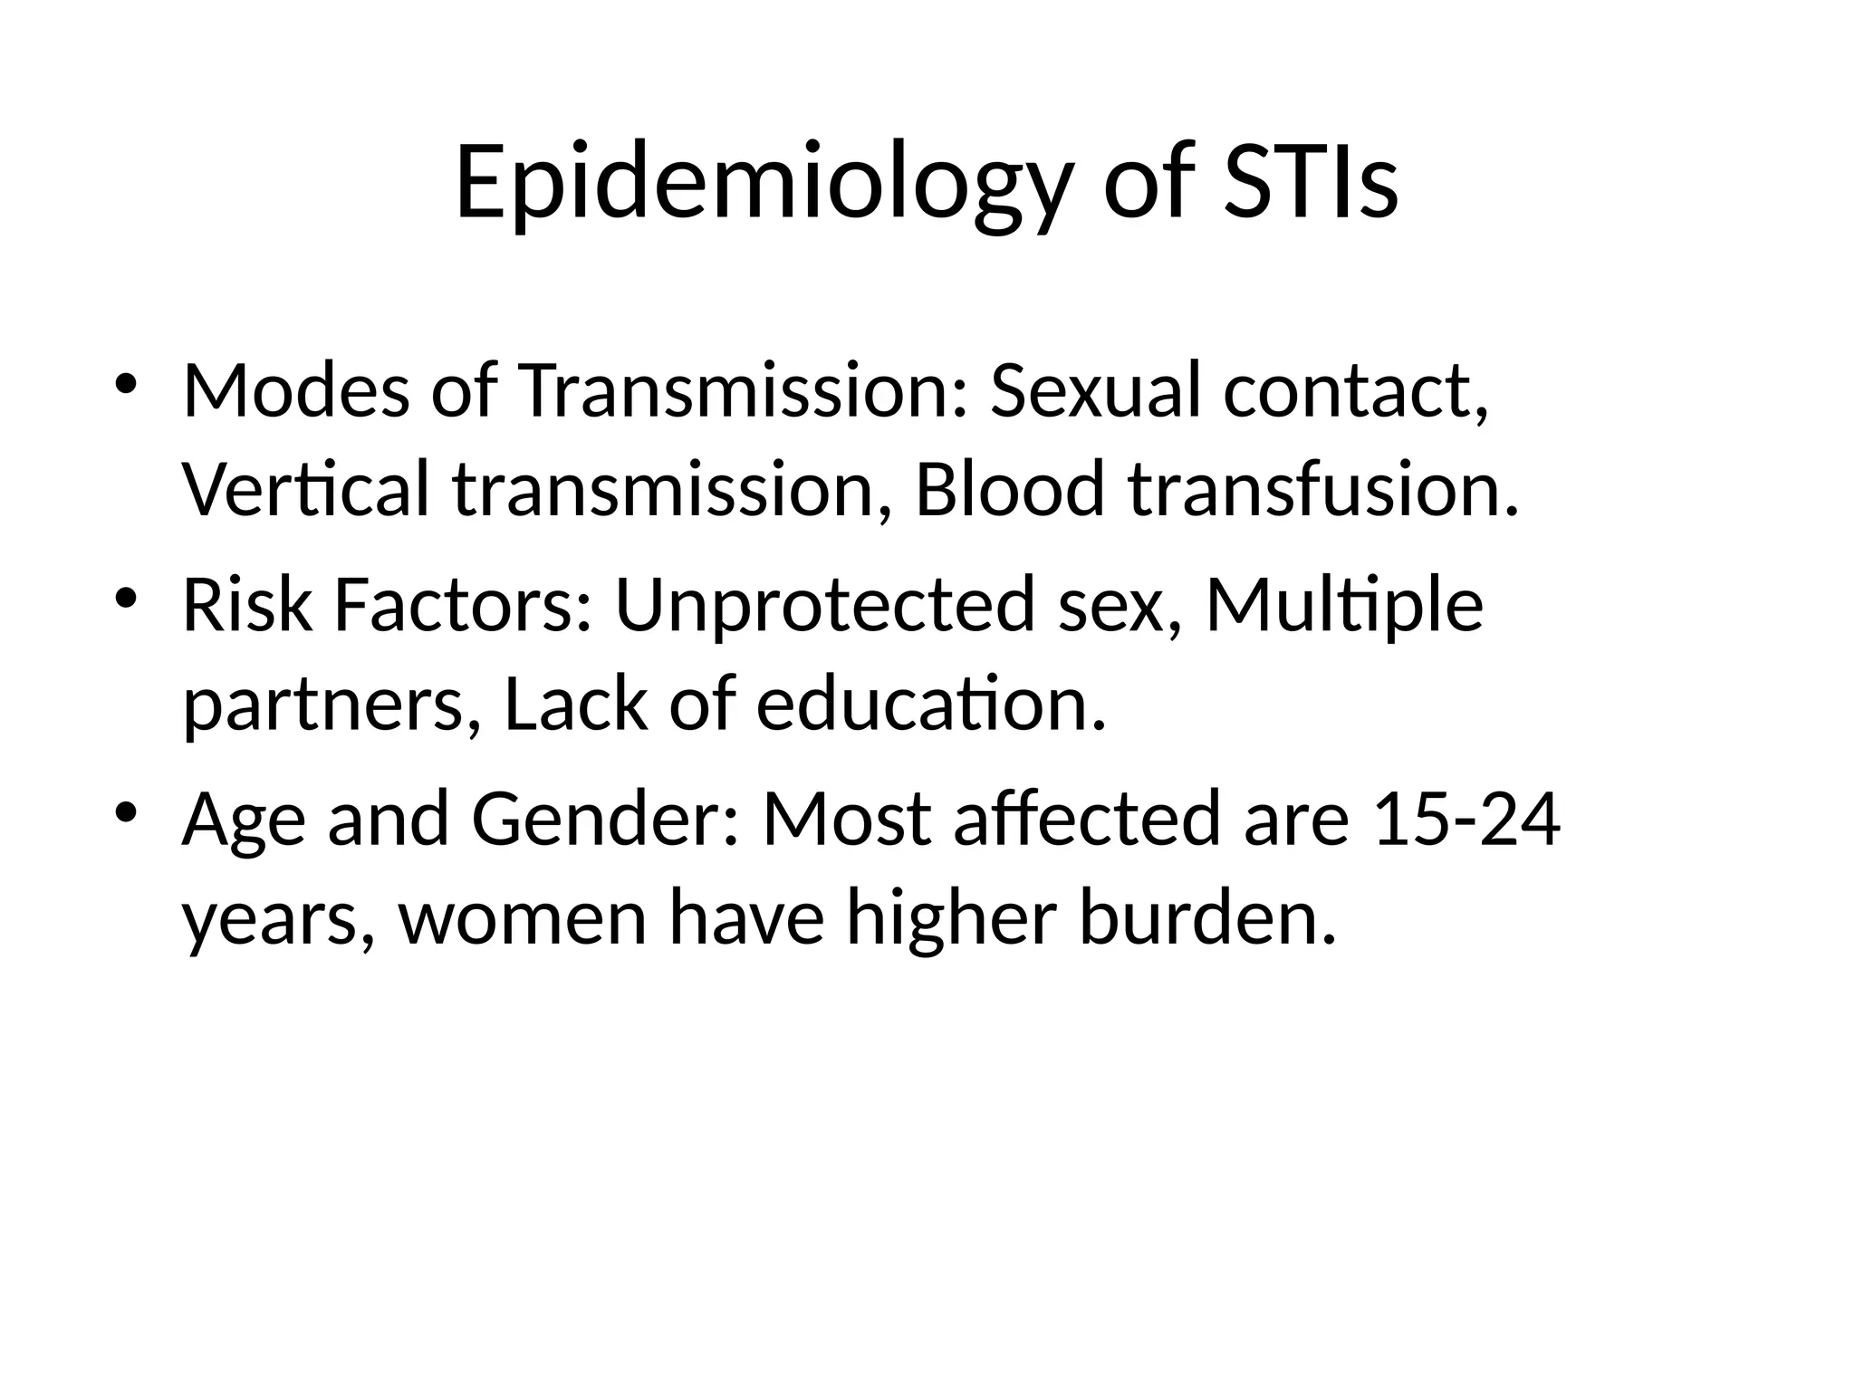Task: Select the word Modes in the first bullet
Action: coord(296,391)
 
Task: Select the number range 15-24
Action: coord(1466,820)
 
